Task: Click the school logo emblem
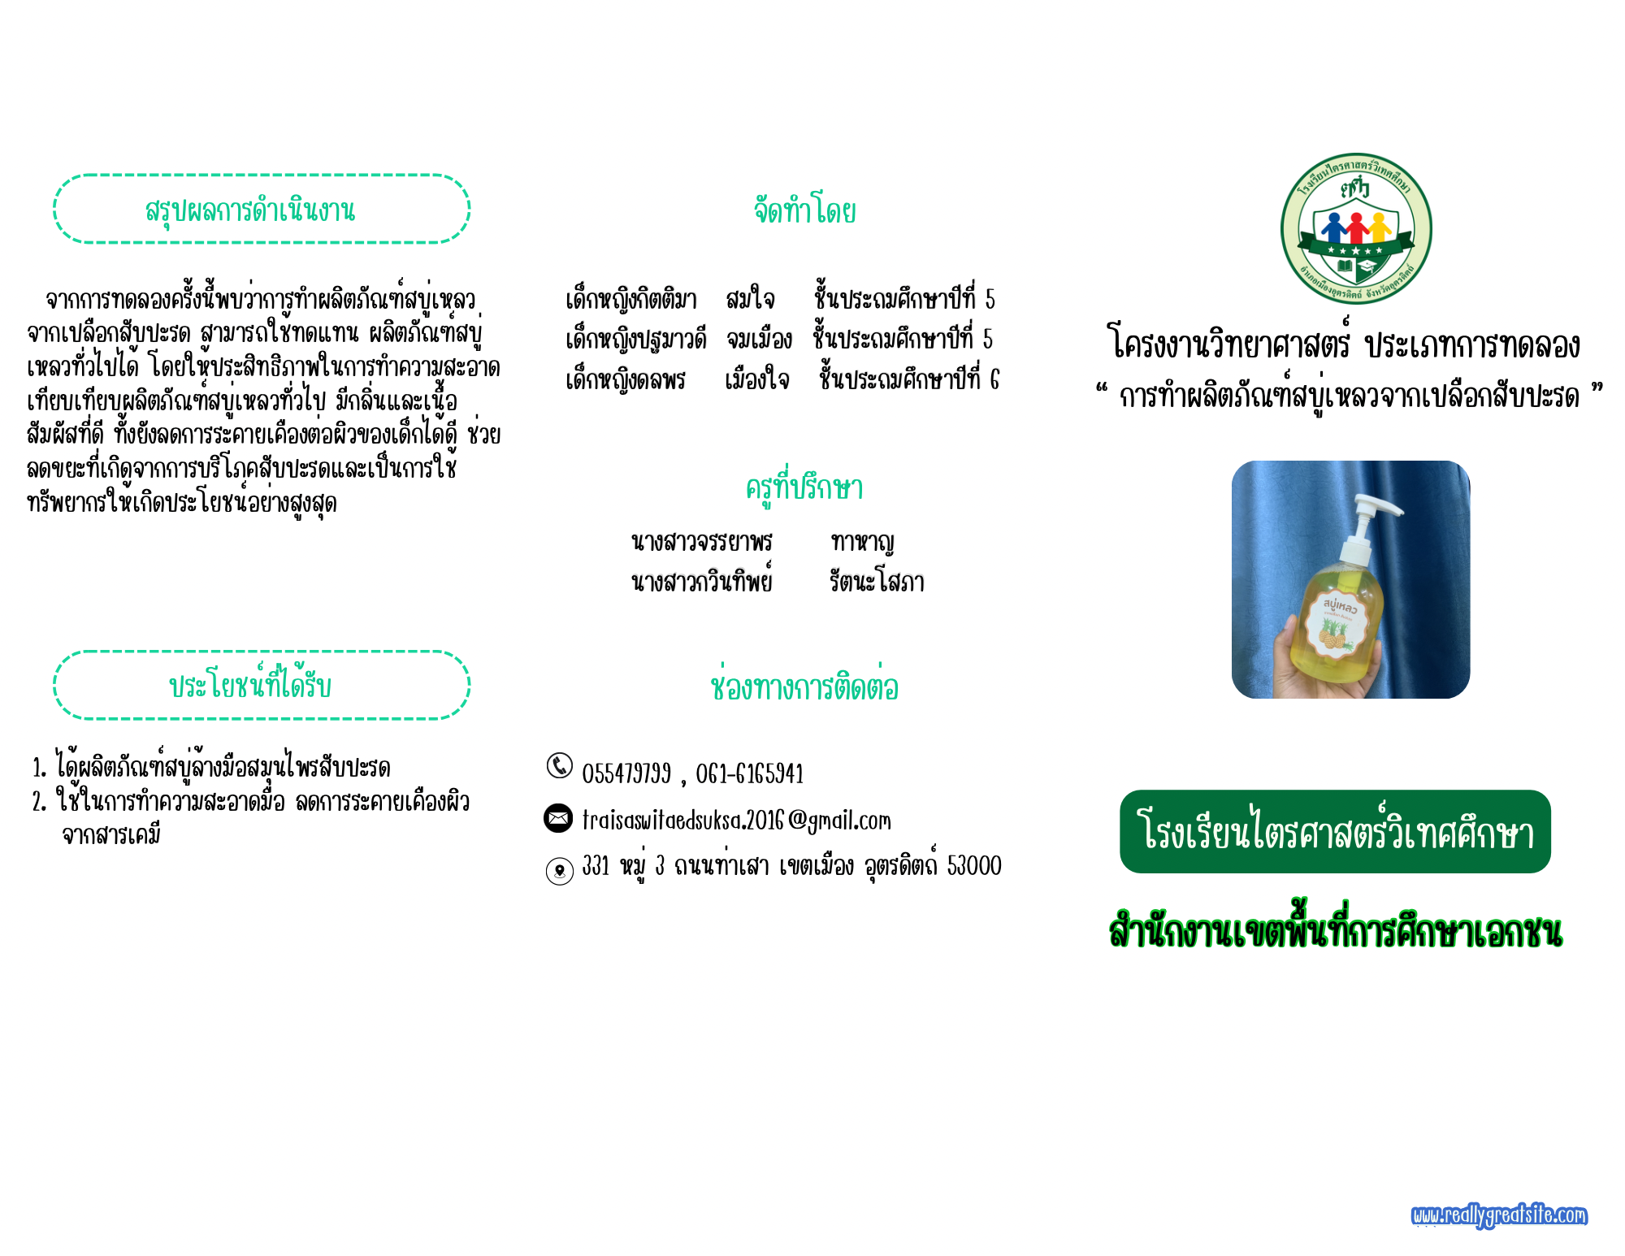pos(1356,229)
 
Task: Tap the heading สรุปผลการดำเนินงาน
pos(250,210)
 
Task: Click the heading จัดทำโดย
pos(804,210)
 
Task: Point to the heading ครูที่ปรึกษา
pos(804,487)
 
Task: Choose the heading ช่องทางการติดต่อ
pos(804,686)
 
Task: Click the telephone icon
pos(559,765)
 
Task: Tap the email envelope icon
pos(558,818)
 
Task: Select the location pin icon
pos(559,871)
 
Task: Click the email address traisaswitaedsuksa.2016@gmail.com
pos(736,820)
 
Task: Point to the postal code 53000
pos(974,865)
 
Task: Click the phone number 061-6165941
pos(749,773)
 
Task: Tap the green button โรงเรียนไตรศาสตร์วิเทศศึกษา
pos(1335,831)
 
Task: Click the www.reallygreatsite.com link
pos(1499,1215)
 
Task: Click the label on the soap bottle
pos(1336,623)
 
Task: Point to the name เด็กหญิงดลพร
pos(626,379)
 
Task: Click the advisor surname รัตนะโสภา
pos(877,581)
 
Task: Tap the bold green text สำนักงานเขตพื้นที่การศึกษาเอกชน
pos(1335,930)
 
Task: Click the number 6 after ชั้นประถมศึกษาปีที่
pos(994,379)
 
